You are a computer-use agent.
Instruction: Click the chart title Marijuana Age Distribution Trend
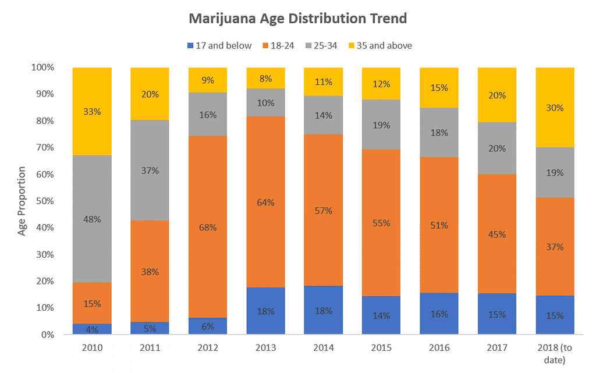pyautogui.click(x=297, y=19)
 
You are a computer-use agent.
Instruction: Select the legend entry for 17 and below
pyautogui.click(x=219, y=45)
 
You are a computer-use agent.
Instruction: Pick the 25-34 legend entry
pyautogui.click(x=321, y=45)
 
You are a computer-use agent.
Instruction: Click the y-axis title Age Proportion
pyautogui.click(x=22, y=201)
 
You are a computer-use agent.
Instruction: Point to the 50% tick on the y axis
pyautogui.click(x=44, y=201)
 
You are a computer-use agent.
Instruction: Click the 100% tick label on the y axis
pyautogui.click(x=42, y=68)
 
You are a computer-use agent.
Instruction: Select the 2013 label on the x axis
pyautogui.click(x=265, y=348)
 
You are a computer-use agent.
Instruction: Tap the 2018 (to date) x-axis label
pyautogui.click(x=555, y=353)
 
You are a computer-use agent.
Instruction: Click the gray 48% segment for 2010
pyautogui.click(x=92, y=219)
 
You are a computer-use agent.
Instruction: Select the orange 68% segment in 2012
pyautogui.click(x=208, y=227)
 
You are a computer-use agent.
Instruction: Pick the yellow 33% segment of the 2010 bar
pyautogui.click(x=92, y=111)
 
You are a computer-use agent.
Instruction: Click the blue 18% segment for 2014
pyautogui.click(x=324, y=310)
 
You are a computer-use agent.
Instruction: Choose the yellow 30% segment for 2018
pyautogui.click(x=555, y=108)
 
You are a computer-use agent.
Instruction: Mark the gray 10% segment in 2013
pyautogui.click(x=265, y=102)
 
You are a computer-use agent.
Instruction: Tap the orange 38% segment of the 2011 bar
pyautogui.click(x=150, y=271)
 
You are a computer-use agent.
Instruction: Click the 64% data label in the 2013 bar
pyautogui.click(x=265, y=203)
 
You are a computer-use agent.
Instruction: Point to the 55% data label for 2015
pyautogui.click(x=381, y=223)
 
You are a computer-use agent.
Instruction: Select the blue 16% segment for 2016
pyautogui.click(x=439, y=314)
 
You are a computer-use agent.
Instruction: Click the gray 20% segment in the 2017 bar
pyautogui.click(x=497, y=148)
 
